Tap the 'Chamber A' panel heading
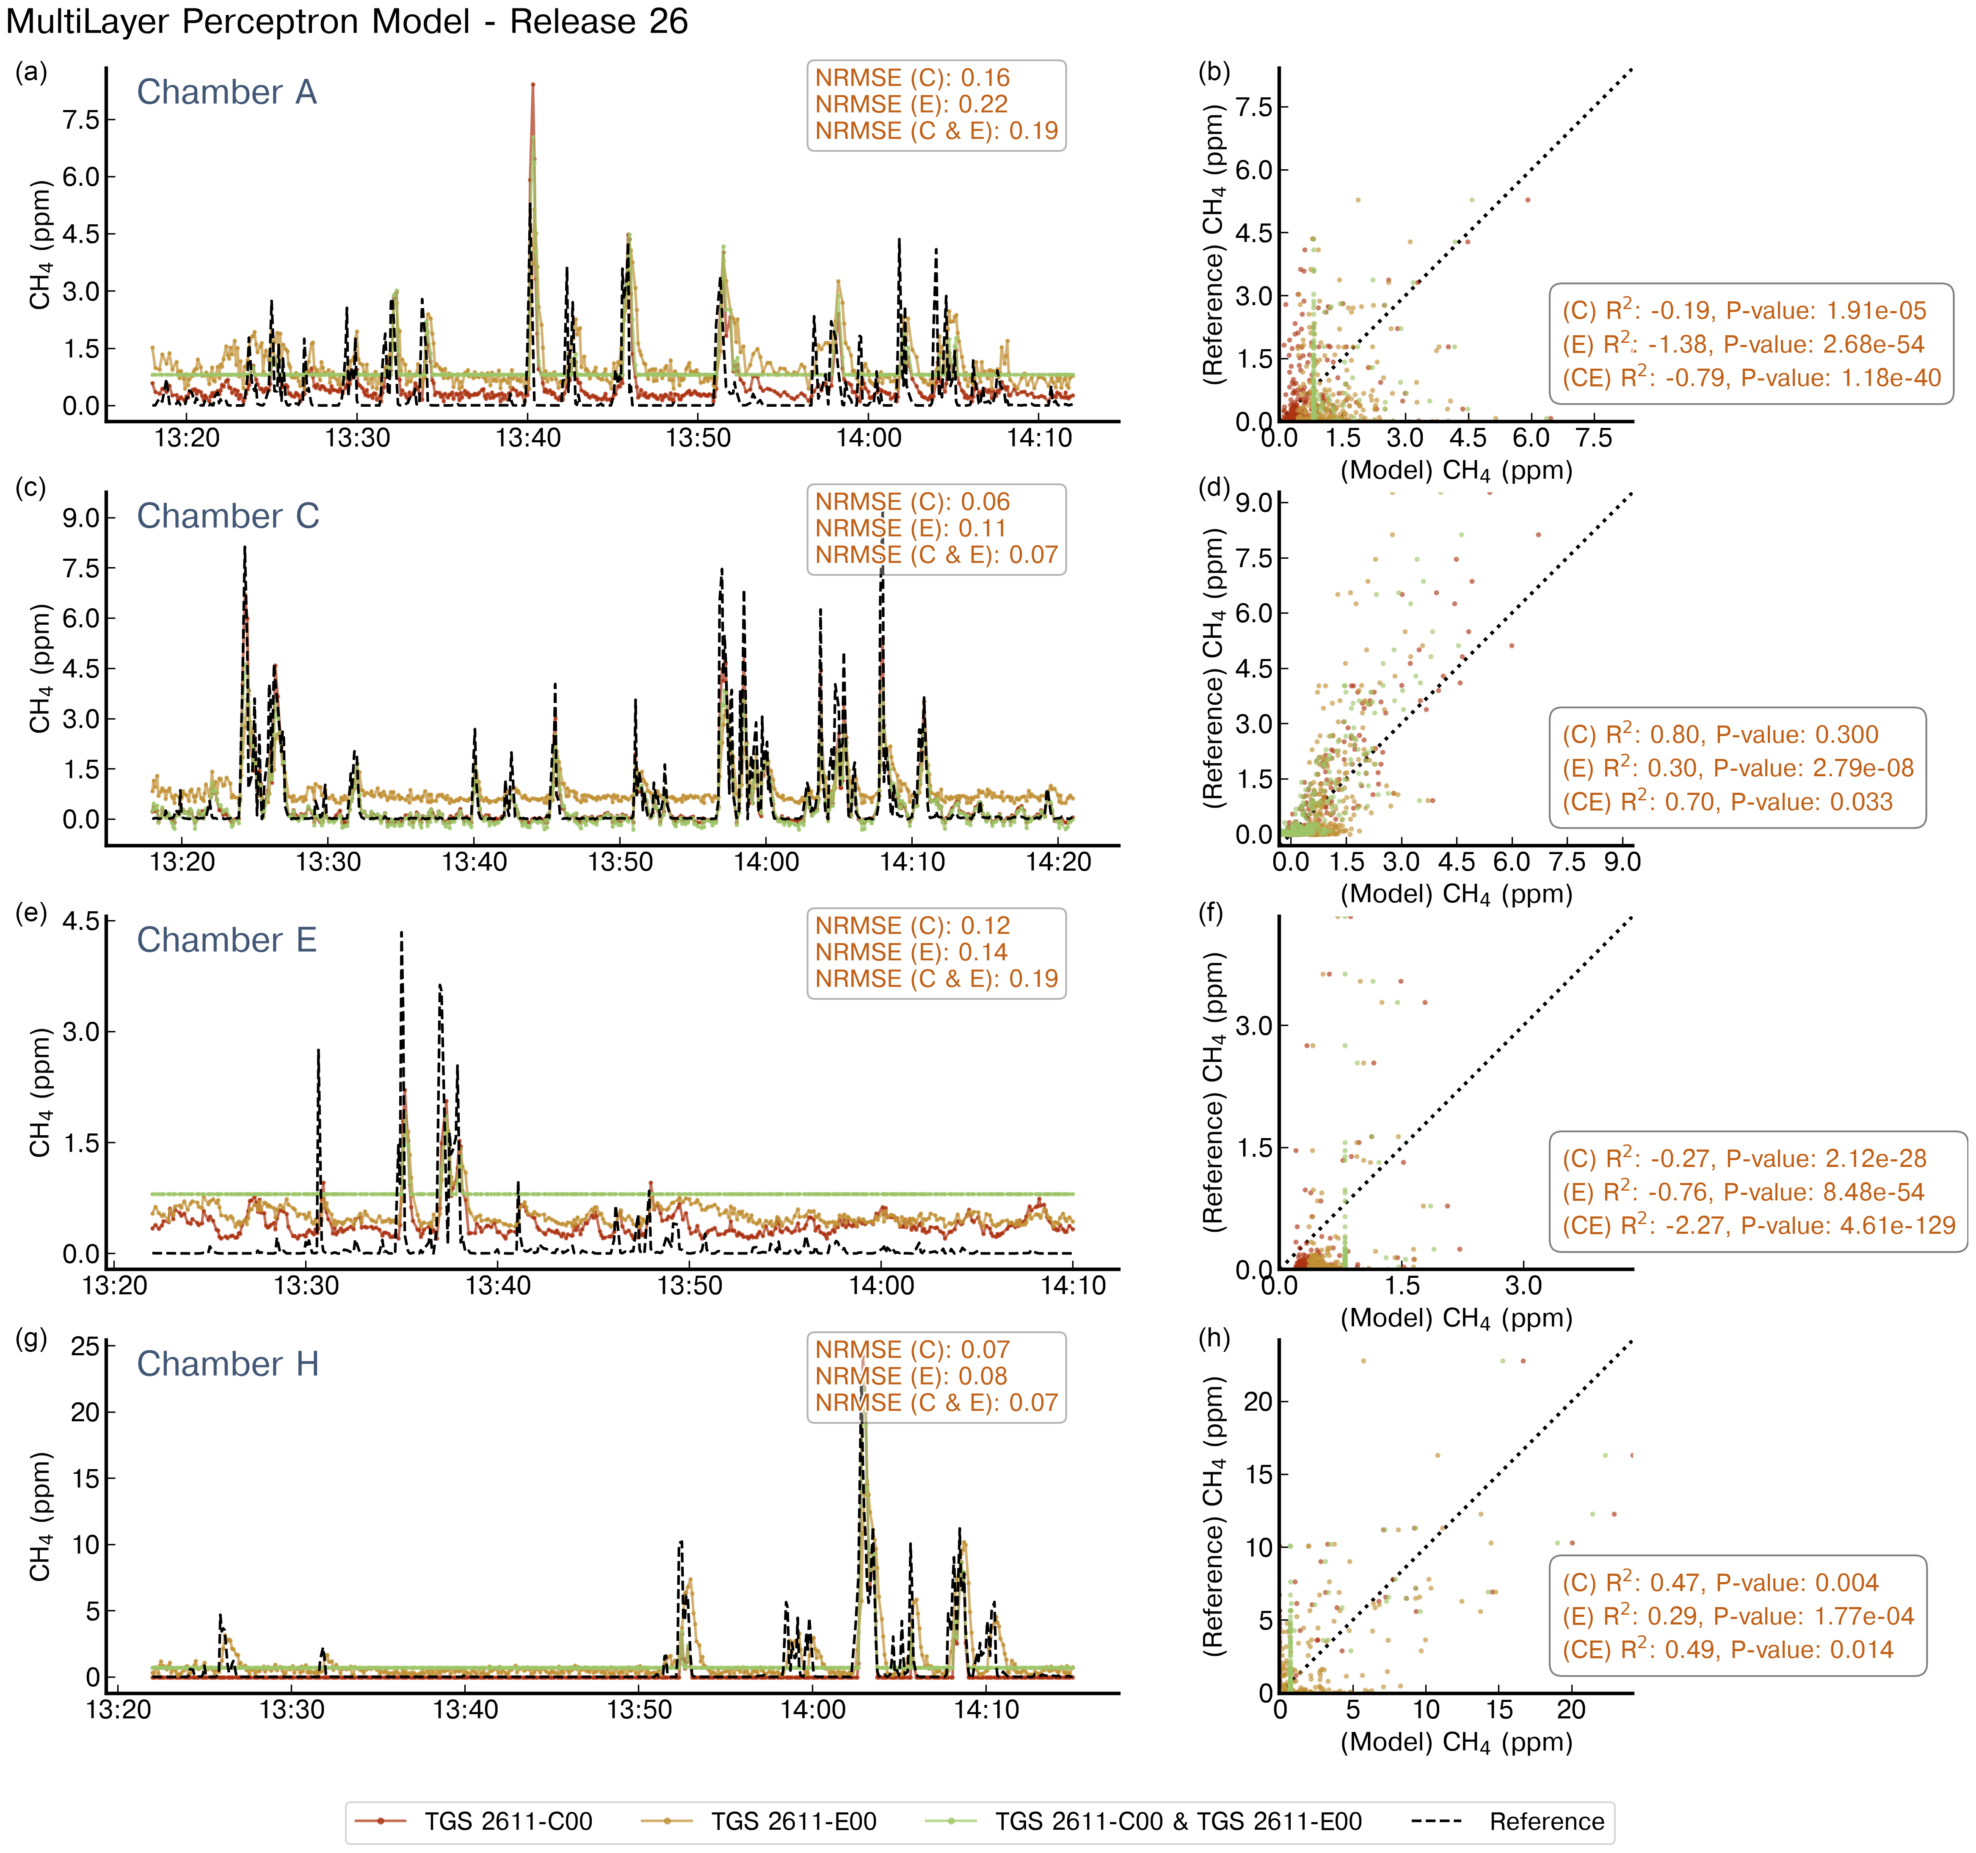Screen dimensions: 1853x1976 point(226,91)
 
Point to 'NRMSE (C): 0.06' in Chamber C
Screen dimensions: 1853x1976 point(911,502)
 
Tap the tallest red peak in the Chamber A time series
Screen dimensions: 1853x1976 point(533,85)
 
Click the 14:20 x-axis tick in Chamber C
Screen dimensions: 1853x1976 point(1059,862)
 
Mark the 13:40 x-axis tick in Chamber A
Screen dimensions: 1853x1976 point(528,437)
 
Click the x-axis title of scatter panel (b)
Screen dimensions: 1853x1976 point(1456,470)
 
